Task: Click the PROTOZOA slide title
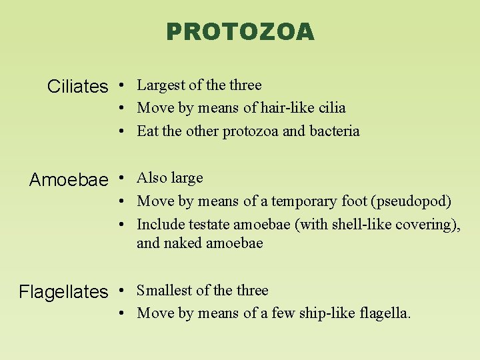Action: [x=240, y=31]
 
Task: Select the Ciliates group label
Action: [x=77, y=87]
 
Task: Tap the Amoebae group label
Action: [x=68, y=180]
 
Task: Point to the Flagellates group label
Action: [x=63, y=292]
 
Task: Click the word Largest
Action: [x=161, y=85]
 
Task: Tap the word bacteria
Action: [x=334, y=131]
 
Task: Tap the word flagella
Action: [x=385, y=313]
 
